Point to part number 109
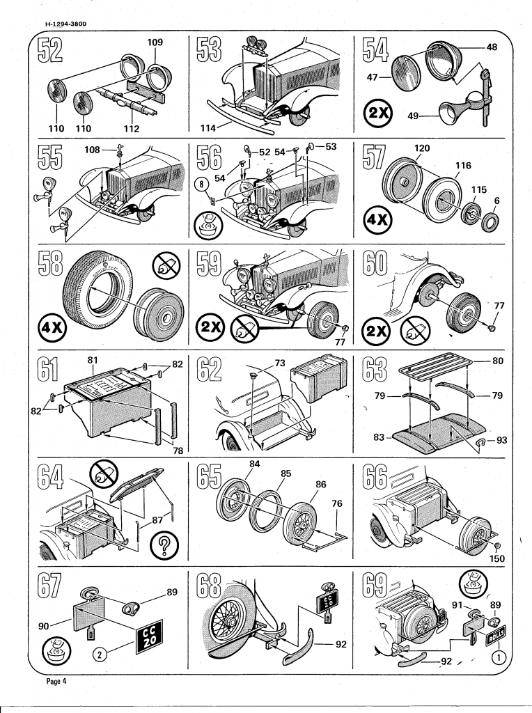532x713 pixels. tap(155, 43)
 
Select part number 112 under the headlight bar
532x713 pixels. tap(131, 128)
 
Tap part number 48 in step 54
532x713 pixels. tap(492, 47)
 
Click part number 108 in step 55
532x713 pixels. tap(93, 149)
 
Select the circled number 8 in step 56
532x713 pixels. tap(203, 185)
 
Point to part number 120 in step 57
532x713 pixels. tap(421, 149)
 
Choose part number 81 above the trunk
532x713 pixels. tap(92, 360)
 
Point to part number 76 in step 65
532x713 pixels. tap(336, 503)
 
